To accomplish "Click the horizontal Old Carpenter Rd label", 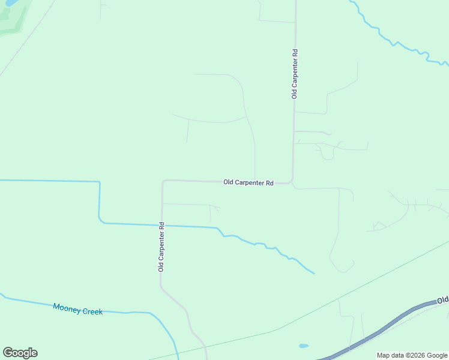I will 249,182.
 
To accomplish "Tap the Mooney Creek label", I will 77,308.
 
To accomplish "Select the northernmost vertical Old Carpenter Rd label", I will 294,74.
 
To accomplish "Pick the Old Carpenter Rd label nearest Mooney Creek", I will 161,247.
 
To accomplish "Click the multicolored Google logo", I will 20,353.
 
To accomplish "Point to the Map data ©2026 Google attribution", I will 412,355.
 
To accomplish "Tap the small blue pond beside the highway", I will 304,346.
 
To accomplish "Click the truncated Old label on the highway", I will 443,300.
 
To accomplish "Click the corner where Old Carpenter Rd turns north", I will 292,181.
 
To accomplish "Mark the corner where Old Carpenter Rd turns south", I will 163,181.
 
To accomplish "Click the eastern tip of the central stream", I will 313,273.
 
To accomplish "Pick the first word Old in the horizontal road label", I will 229,182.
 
